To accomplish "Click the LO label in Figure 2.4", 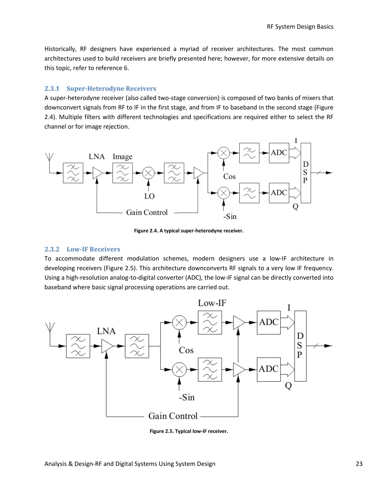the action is pos(149,196).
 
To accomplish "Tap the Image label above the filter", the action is pos(123,157).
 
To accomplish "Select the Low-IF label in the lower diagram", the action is pos(212,303).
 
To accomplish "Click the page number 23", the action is pos(359,464).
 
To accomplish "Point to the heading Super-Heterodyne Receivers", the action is pos(111,88).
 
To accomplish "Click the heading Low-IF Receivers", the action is pos(93,249).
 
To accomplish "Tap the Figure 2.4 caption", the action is pos(189,231).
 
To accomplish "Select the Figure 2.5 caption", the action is pos(189,431).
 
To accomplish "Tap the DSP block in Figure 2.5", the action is pos(300,346).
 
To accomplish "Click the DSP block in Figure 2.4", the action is pos(306,173).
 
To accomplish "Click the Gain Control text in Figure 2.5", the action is pos(173,416).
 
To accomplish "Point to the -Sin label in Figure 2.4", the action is pos(230,216).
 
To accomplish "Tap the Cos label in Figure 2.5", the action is pos(186,350).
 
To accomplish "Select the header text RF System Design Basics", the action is pos(300,27).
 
